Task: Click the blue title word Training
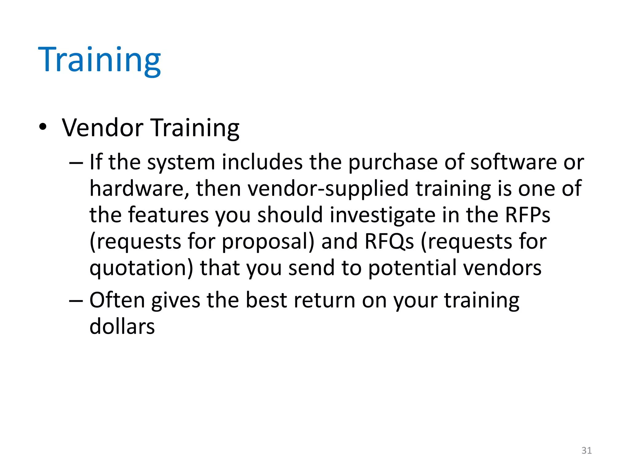click(x=99, y=60)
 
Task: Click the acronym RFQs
click(x=389, y=241)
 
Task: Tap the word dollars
click(x=122, y=326)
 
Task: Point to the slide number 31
click(x=586, y=450)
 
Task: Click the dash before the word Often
click(x=76, y=301)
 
